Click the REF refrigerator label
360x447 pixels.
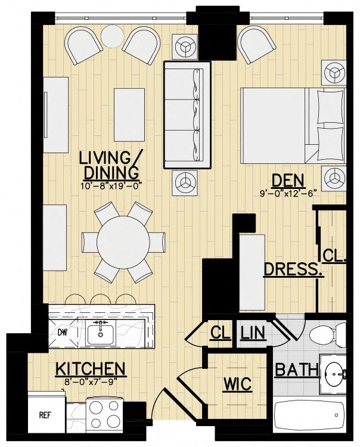45,415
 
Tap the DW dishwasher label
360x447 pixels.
63,333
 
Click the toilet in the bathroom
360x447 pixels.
327,334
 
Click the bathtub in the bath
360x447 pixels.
309,415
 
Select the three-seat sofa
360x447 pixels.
187,115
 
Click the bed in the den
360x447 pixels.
293,126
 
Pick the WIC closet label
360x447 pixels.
237,384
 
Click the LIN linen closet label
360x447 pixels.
253,333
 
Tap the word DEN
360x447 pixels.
288,181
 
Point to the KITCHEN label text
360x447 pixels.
91,369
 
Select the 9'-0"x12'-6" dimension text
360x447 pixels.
288,194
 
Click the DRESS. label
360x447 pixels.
294,269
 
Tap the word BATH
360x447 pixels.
296,370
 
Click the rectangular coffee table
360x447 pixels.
129,115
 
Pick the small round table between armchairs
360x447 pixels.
112,36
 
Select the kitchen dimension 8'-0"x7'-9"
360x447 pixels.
91,382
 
